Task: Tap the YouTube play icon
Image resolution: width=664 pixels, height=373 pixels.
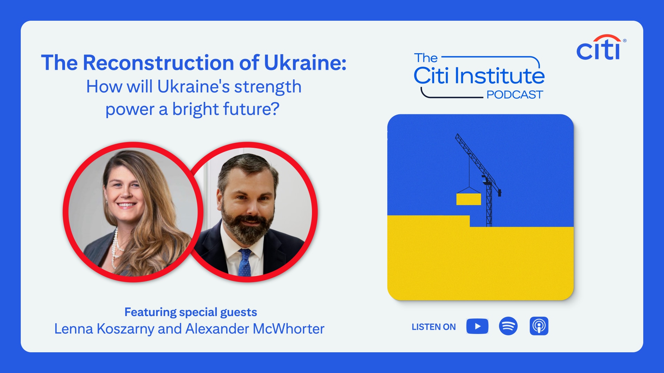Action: pos(477,326)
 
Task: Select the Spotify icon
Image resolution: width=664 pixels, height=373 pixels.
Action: pos(508,326)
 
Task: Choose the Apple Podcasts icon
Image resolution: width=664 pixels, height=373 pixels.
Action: pos(539,326)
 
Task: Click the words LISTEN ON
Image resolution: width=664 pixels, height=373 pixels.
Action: pos(434,327)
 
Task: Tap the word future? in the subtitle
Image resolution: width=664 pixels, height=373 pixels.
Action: pos(251,109)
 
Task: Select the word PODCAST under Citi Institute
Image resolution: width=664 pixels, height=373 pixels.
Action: pos(515,95)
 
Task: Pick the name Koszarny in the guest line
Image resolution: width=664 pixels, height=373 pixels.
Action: pos(125,329)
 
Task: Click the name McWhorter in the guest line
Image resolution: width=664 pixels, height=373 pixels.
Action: pos(289,329)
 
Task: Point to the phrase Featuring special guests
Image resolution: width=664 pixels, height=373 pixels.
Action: pos(191,312)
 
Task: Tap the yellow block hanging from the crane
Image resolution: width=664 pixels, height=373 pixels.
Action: pos(469,199)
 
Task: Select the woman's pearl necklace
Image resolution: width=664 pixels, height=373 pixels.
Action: pos(116,249)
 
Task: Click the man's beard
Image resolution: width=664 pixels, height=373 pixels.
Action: pos(246,224)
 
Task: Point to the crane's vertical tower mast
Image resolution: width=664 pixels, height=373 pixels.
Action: pos(489,204)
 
